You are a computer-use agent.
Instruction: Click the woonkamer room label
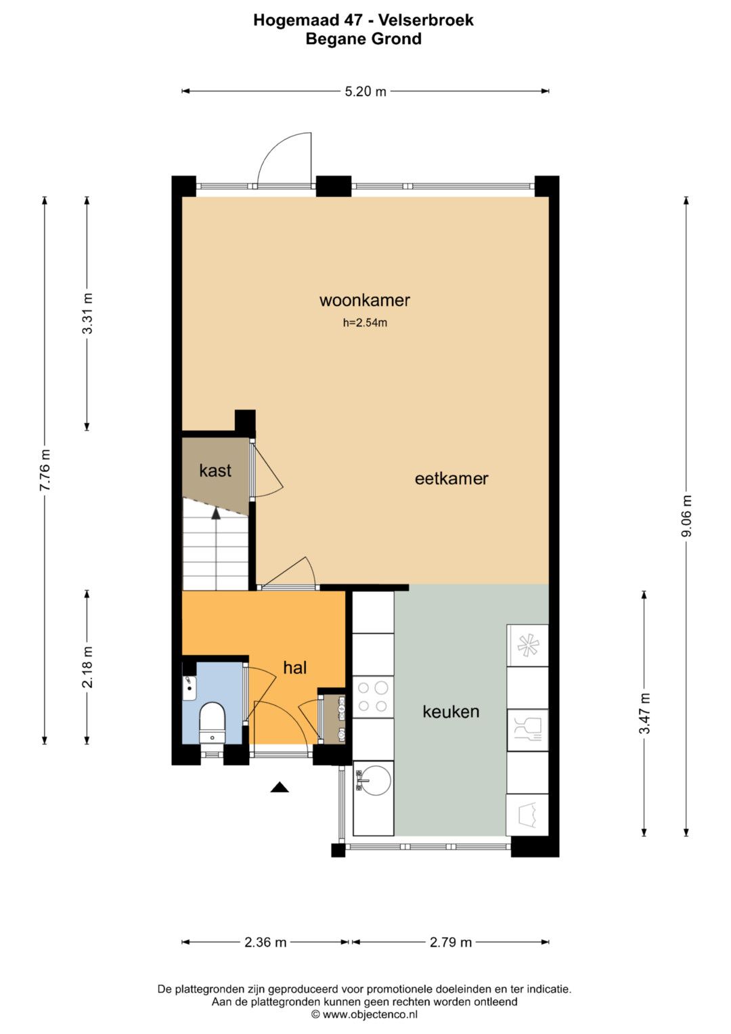point(365,301)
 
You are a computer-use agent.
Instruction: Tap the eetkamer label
point(451,479)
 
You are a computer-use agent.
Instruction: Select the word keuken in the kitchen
point(451,711)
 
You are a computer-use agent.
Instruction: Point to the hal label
point(295,668)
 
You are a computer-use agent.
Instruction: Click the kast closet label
point(215,471)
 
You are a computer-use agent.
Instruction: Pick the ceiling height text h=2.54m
point(365,323)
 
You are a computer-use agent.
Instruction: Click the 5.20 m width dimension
point(365,91)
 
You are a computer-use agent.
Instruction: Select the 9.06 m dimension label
point(687,515)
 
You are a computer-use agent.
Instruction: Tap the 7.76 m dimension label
point(45,471)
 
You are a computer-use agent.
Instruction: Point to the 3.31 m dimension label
point(87,314)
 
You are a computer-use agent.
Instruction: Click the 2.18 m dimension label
point(87,667)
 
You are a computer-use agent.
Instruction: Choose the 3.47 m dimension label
point(644,713)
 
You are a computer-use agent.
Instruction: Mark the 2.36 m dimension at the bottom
point(265,942)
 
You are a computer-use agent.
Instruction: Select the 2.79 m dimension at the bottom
point(451,942)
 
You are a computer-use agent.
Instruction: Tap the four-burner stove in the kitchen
point(373,697)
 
